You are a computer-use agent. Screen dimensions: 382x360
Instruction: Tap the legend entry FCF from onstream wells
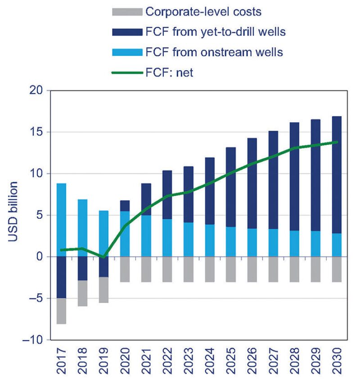(214, 52)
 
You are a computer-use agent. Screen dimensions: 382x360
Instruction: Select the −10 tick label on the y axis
(33, 340)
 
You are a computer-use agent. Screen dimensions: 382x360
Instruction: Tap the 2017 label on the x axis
(61, 362)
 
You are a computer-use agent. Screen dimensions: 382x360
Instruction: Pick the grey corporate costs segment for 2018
(82, 293)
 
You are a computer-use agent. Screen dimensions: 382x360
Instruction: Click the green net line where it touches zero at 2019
(103, 257)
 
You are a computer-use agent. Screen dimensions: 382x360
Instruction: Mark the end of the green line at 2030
(337, 142)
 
